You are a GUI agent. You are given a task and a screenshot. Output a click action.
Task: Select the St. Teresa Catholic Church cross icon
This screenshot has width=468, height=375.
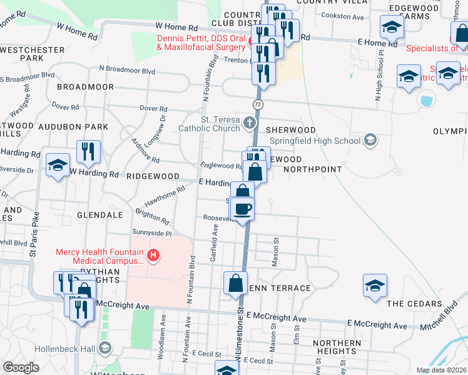click(x=250, y=122)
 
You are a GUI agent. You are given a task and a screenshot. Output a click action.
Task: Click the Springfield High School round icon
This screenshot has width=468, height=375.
click(x=370, y=139)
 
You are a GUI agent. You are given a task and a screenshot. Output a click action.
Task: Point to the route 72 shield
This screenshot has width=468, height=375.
click(x=257, y=102)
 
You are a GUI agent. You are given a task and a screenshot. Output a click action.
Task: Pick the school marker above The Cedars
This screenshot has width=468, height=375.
click(x=375, y=286)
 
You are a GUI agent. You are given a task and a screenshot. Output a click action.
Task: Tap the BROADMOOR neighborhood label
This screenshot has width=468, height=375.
click(x=84, y=87)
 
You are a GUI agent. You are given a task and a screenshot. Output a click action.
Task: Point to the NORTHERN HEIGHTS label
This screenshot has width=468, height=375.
click(x=337, y=347)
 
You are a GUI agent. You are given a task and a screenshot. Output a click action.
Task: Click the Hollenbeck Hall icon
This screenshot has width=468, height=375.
click(x=105, y=347)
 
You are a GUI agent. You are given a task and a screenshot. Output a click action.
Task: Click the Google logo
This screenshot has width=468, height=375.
click(x=21, y=367)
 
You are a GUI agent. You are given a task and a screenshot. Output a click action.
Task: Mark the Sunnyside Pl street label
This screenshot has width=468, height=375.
click(x=151, y=232)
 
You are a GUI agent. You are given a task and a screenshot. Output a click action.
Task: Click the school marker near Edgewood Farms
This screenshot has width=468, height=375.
click(x=392, y=27)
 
